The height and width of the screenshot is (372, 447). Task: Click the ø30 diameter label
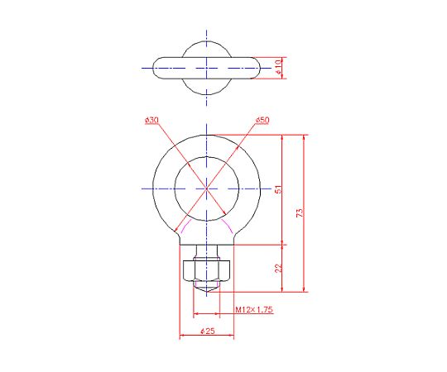151,120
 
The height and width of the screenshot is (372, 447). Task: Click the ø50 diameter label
262,120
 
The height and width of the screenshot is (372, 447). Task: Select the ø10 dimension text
278,68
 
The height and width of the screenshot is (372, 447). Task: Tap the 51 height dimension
278,189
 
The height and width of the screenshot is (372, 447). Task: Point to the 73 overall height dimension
300,213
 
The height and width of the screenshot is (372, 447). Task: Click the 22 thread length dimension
278,268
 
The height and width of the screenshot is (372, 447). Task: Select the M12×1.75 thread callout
254,309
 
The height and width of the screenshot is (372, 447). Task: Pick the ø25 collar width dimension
208,331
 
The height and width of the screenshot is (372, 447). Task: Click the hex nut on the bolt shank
206,270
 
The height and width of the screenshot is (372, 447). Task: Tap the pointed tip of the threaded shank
206,292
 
